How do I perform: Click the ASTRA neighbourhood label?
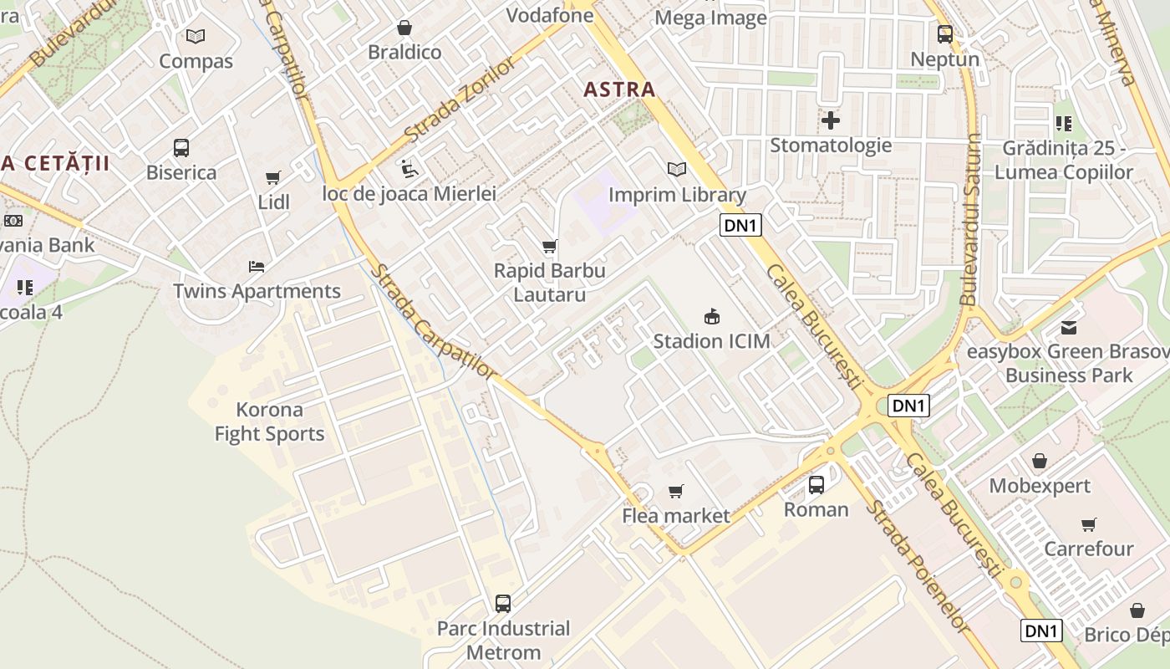click(x=619, y=89)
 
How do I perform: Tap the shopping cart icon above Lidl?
click(x=272, y=177)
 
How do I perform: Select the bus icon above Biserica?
click(x=181, y=148)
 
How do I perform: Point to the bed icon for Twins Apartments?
click(x=257, y=267)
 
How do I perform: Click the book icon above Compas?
click(x=196, y=37)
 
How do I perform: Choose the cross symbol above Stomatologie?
click(x=830, y=120)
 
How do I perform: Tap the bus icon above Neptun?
click(x=944, y=34)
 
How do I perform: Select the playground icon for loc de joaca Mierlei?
click(x=409, y=168)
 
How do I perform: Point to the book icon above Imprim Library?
click(x=676, y=170)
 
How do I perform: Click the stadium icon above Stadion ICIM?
click(x=711, y=316)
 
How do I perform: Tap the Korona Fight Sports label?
click(x=269, y=421)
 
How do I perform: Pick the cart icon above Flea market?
click(x=675, y=491)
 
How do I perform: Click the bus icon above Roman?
click(x=816, y=484)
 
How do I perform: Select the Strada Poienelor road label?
click(x=917, y=566)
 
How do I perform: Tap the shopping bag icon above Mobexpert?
click(x=1040, y=461)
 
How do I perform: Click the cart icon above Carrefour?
click(x=1088, y=524)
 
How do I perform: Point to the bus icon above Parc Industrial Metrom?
click(x=502, y=603)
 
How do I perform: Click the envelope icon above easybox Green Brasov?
click(x=1069, y=327)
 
